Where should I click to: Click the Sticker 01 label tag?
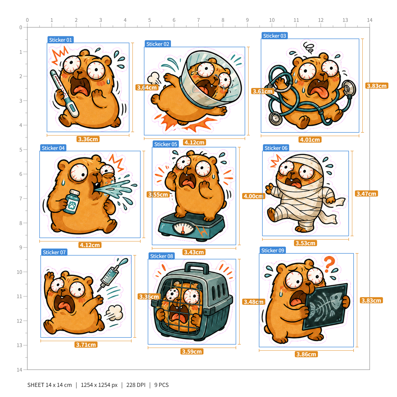(x=60, y=40)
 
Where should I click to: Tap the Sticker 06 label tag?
(x=276, y=148)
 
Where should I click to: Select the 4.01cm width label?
(x=310, y=140)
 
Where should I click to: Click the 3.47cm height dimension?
(x=366, y=194)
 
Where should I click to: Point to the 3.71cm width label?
(x=86, y=345)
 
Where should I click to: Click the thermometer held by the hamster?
(x=64, y=93)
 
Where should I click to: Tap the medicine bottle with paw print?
(x=72, y=202)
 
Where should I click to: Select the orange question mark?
(x=329, y=264)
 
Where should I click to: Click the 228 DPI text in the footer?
(x=136, y=385)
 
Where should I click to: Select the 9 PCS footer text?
(x=161, y=385)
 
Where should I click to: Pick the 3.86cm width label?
(x=306, y=354)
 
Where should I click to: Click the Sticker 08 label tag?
(x=161, y=256)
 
